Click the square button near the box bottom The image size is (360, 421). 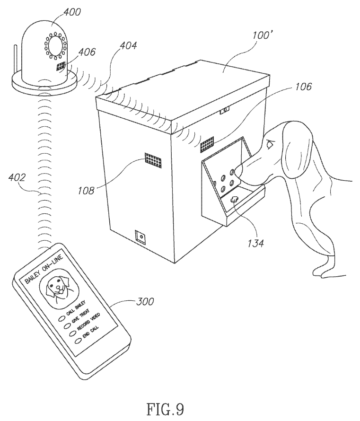tap(141, 235)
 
